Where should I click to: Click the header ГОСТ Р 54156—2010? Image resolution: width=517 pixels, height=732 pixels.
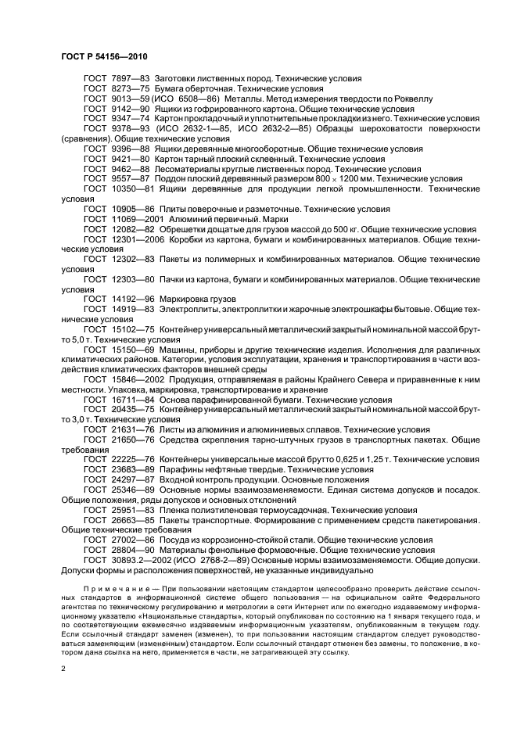[104, 57]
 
